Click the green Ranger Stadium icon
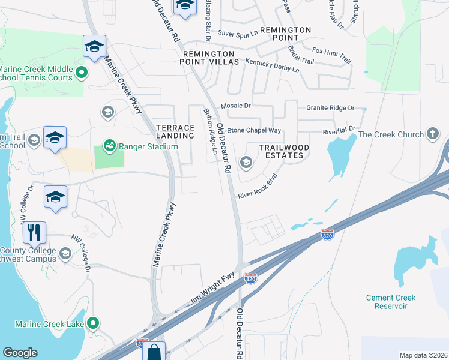pos(109,145)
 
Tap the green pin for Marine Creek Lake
pos(92,324)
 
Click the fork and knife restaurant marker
pos(34,232)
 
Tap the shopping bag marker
pos(154,352)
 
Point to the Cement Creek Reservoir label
pos(391,302)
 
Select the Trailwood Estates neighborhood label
pos(284,151)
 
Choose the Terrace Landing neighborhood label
pos(175,131)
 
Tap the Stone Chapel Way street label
pos(254,130)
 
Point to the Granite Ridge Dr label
pos(330,108)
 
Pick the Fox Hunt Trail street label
pos(331,56)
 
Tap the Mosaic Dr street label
pos(235,106)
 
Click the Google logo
pos(20,353)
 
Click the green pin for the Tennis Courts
pos(82,74)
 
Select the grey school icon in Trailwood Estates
pos(246,162)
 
